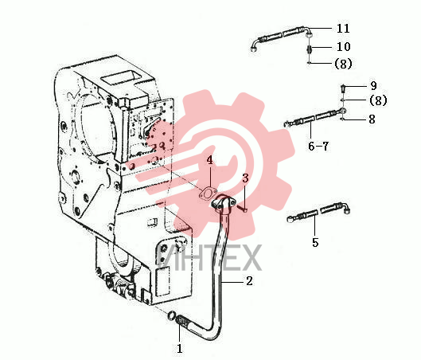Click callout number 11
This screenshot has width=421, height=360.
(x=343, y=28)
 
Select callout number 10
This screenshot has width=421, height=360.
(x=343, y=47)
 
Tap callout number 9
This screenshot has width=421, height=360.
(x=373, y=86)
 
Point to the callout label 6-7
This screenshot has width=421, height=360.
(x=318, y=147)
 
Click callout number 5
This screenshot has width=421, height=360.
(x=315, y=242)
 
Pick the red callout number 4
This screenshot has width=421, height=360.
(x=209, y=160)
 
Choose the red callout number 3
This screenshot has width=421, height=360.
(x=245, y=178)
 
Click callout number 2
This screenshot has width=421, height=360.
(x=249, y=281)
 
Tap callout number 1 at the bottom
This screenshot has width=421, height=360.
(x=180, y=349)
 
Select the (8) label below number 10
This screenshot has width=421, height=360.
(x=343, y=64)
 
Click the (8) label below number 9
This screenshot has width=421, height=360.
(x=378, y=100)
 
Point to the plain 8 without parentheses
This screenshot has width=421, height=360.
(x=372, y=119)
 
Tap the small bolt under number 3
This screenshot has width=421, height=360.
(x=243, y=208)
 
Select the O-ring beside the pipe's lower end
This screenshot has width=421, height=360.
(x=171, y=315)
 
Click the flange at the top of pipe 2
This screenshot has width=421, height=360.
(x=222, y=202)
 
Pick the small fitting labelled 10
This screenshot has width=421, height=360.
(x=310, y=49)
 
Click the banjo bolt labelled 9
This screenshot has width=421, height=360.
(x=343, y=88)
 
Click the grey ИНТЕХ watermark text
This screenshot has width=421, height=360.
(x=209, y=257)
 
